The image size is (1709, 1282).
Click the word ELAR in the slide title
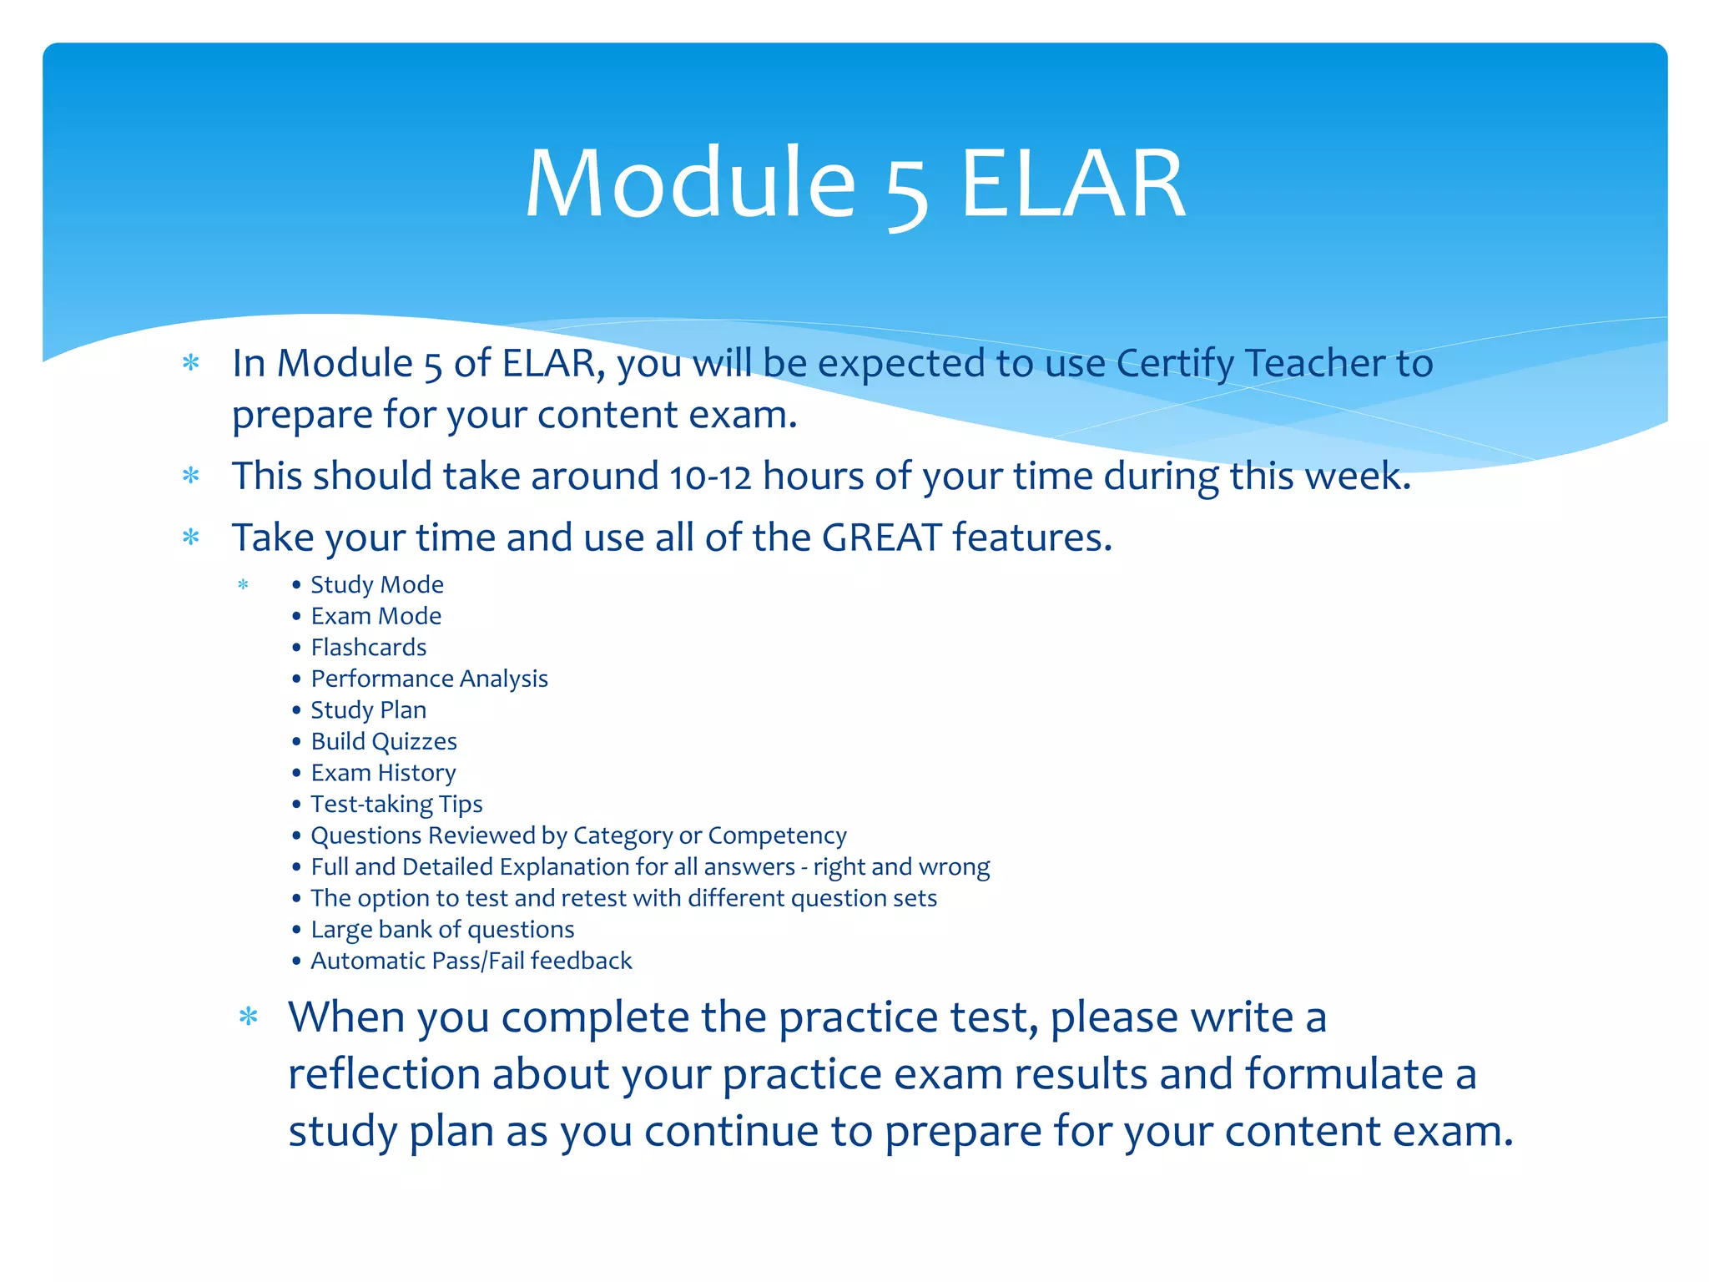coord(1074,184)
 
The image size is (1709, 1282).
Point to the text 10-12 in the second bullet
coord(710,477)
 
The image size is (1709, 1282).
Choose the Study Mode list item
coord(377,584)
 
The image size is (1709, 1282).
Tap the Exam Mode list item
coord(376,616)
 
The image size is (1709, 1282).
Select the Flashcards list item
coord(369,647)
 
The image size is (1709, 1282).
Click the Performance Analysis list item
coord(430,679)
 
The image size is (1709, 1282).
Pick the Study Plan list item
coord(369,710)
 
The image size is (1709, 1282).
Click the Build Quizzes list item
coord(384,741)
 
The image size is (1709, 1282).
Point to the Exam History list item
coord(384,773)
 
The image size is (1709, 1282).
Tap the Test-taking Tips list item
coord(397,804)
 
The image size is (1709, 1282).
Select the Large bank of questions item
coord(443,929)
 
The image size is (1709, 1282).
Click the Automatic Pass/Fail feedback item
coord(471,961)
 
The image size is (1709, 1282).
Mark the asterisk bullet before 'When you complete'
coord(249,1017)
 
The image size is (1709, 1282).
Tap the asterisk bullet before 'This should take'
coord(191,476)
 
